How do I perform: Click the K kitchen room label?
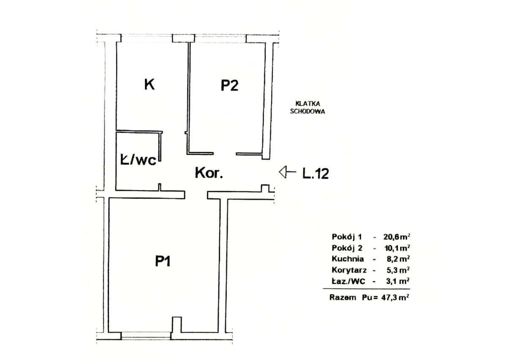click(150, 84)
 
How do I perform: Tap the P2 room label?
click(229, 86)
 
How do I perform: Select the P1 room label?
click(163, 261)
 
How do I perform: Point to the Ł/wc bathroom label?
click(138, 160)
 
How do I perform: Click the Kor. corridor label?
click(209, 173)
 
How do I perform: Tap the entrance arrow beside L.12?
click(287, 172)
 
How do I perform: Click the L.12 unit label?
click(316, 174)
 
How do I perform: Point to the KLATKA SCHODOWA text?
click(308, 108)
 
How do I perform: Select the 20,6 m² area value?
click(397, 237)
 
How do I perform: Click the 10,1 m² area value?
click(397, 248)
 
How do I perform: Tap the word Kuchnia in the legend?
click(348, 259)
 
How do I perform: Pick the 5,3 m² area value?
click(398, 270)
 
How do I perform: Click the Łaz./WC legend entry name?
click(348, 281)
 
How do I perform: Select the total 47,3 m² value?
click(395, 297)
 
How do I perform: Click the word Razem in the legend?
click(343, 297)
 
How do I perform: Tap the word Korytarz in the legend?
click(349, 270)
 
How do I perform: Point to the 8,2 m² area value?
click(398, 259)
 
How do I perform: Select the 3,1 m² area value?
click(398, 281)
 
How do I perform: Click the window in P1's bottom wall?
click(146, 335)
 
